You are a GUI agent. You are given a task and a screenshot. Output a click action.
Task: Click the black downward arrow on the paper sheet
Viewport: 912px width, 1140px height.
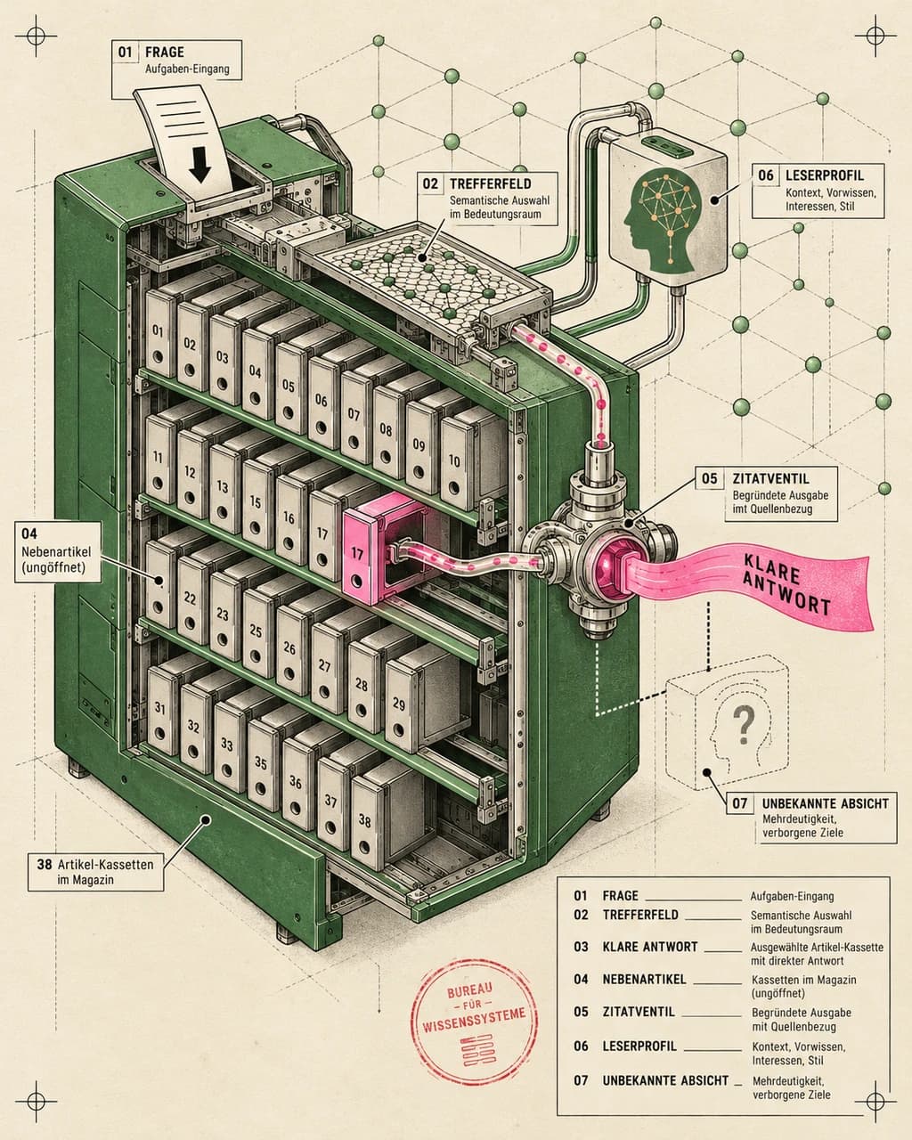coord(200,165)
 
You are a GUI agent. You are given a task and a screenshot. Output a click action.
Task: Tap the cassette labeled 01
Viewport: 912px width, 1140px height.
coord(159,333)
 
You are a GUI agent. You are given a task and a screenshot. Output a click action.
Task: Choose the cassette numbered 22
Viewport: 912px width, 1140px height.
coord(191,598)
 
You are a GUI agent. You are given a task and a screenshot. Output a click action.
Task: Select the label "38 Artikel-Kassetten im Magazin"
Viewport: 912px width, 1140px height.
coord(95,872)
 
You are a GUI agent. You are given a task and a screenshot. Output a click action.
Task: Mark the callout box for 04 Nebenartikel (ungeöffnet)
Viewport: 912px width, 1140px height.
coord(57,551)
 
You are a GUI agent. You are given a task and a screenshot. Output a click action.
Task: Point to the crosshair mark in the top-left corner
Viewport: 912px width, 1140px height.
coord(36,36)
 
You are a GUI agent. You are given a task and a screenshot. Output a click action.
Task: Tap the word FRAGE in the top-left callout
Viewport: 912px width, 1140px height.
coord(164,53)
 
